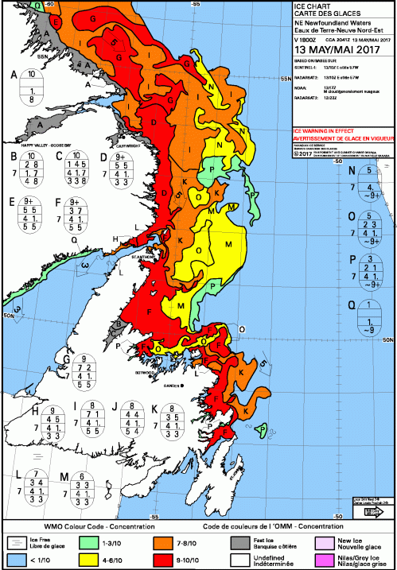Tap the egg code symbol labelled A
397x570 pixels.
click(x=31, y=87)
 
